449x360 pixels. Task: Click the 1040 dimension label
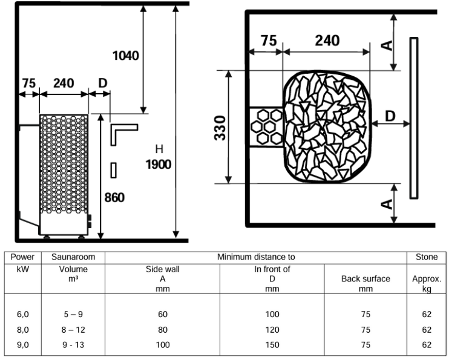[x=126, y=56]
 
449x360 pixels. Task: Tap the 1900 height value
[x=159, y=164]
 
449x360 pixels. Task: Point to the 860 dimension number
[x=115, y=198]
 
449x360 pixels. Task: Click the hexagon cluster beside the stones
[x=264, y=125]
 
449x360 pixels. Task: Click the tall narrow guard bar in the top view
[x=413, y=118]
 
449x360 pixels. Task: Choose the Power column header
[x=22, y=257]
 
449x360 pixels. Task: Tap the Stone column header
[x=427, y=257]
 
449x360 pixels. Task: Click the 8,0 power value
[x=22, y=330]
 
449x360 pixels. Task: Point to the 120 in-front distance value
[x=272, y=330]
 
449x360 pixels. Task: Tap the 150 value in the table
[x=272, y=345]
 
